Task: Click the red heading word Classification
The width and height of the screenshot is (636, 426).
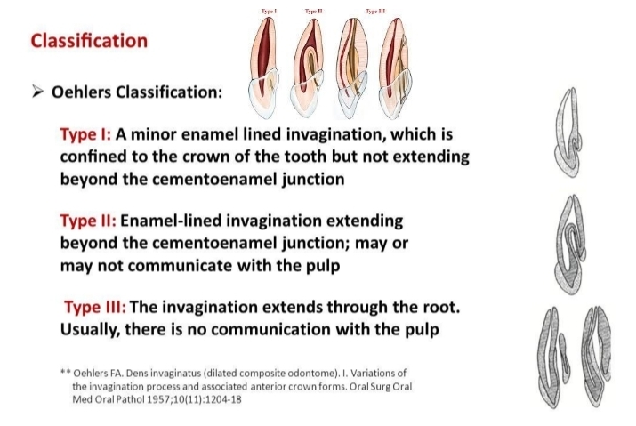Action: coord(89,41)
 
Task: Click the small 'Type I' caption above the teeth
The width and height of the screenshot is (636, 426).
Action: coord(268,9)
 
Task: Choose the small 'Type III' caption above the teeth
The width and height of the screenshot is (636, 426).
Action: coord(374,9)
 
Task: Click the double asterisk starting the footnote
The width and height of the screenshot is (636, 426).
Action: coord(63,371)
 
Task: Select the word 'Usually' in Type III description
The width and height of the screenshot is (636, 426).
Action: coord(88,328)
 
